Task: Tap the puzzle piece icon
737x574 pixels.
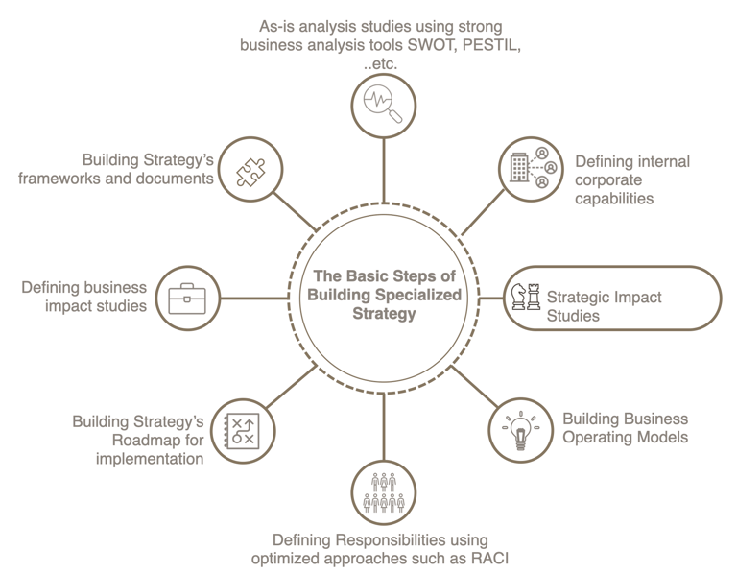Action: [245, 170]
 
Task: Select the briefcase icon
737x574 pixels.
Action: [187, 299]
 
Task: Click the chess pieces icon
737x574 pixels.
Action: [525, 297]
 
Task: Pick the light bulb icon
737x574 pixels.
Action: [520, 431]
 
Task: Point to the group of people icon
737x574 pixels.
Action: [383, 492]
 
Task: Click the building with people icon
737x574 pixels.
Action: [530, 169]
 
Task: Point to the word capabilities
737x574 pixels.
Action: [614, 199]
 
